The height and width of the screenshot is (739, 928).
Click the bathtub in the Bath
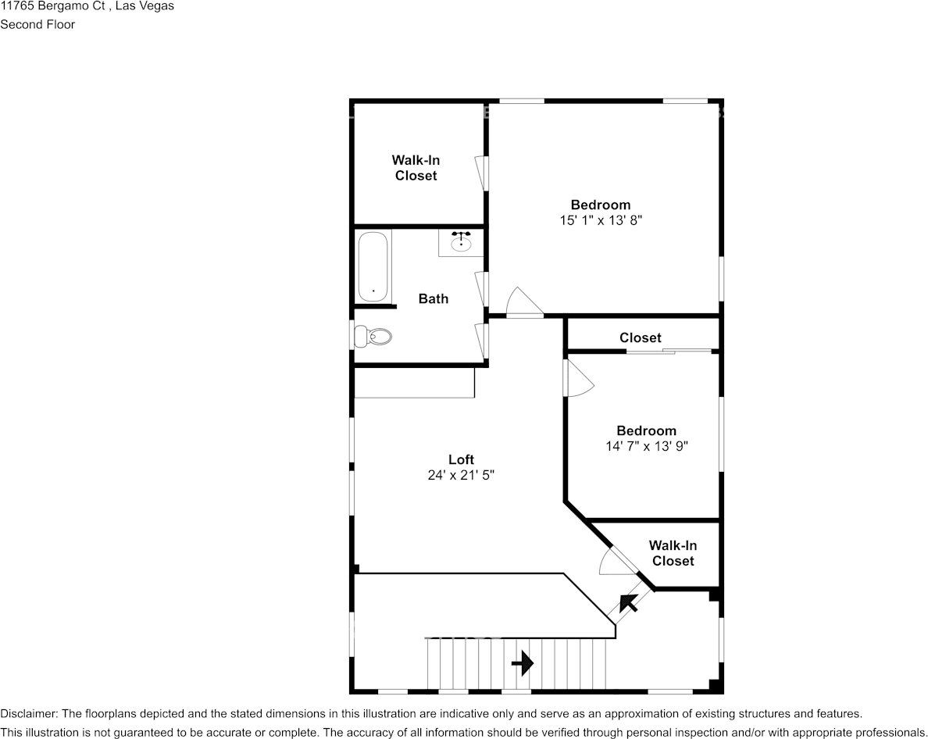point(373,266)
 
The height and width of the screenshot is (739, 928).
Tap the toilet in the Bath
point(373,337)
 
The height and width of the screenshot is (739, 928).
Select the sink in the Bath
point(461,243)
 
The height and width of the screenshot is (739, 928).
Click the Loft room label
point(461,459)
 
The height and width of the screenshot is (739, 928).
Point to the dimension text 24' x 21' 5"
point(461,475)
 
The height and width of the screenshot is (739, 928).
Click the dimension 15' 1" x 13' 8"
point(600,220)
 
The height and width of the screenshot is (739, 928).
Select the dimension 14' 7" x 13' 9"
point(646,446)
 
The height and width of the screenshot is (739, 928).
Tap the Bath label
point(433,298)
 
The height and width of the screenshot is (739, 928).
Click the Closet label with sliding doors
point(640,337)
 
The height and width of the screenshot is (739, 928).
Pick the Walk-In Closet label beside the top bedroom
point(416,168)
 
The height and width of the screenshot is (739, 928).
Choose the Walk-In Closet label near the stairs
point(673,553)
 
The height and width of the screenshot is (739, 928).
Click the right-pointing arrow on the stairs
point(523,664)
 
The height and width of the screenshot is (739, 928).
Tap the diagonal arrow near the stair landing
point(628,602)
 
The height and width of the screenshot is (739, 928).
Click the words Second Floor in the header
point(37,24)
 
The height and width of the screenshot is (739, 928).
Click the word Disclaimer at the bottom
point(27,713)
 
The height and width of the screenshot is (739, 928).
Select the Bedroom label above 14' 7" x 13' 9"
point(646,430)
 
